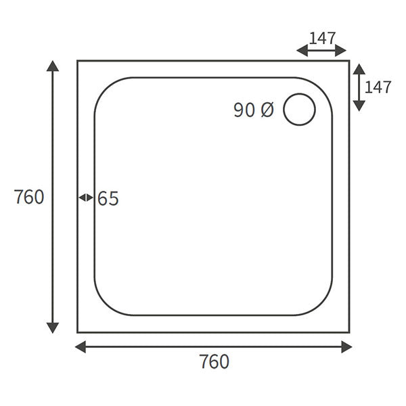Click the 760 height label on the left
(29, 197)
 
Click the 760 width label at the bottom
(215, 362)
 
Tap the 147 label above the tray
(322, 38)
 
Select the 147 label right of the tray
(378, 87)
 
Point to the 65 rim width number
(108, 199)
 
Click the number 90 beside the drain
(244, 110)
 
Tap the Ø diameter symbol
(267, 110)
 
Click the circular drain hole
(299, 110)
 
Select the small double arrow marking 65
(86, 198)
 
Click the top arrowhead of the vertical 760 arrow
(53, 66)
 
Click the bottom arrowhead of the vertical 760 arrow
(53, 328)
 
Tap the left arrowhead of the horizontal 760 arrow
(80, 347)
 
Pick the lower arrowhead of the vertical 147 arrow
(359, 106)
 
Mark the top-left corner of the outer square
(78, 61)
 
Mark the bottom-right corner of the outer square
(349, 332)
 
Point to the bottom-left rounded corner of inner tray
(102, 307)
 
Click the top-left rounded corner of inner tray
(102, 86)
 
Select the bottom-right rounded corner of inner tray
(324, 307)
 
